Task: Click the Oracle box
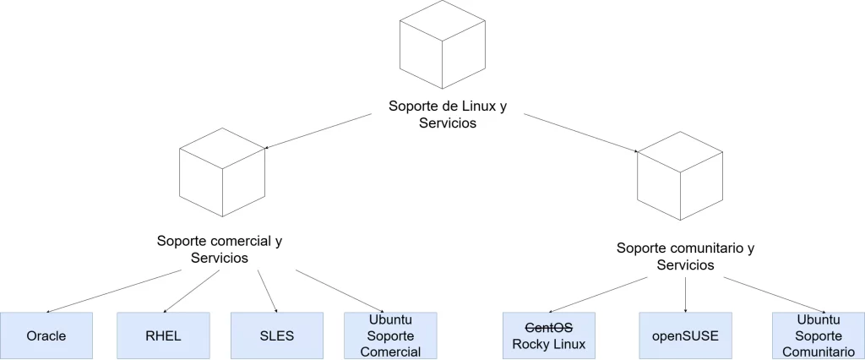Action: (46, 335)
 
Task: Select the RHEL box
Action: (162, 335)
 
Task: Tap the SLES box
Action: (277, 335)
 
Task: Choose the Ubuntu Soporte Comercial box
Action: (390, 335)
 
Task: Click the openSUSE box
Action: (685, 335)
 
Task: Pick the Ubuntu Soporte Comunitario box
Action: (818, 335)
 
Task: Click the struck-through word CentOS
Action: (548, 327)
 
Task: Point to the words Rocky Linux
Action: (548, 344)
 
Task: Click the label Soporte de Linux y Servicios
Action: (448, 114)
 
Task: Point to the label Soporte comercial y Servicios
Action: (220, 249)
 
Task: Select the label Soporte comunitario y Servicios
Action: (685, 257)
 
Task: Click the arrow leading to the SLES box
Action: (268, 292)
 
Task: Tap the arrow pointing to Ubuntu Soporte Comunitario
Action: (773, 294)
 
